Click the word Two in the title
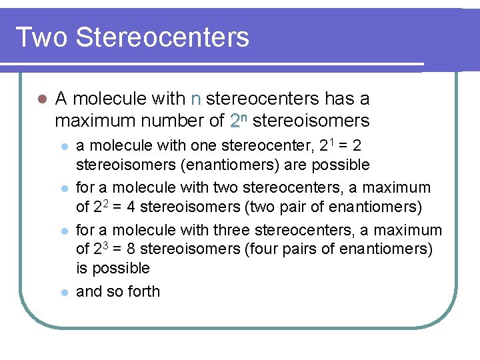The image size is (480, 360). [41, 37]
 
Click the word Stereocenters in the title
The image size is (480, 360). [162, 37]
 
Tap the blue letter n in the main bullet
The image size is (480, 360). [195, 99]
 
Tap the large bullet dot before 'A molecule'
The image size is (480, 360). [41, 99]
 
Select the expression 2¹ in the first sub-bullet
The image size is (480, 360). [326, 145]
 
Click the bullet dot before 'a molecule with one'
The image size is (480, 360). [63, 146]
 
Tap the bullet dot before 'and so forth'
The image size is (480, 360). [63, 292]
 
